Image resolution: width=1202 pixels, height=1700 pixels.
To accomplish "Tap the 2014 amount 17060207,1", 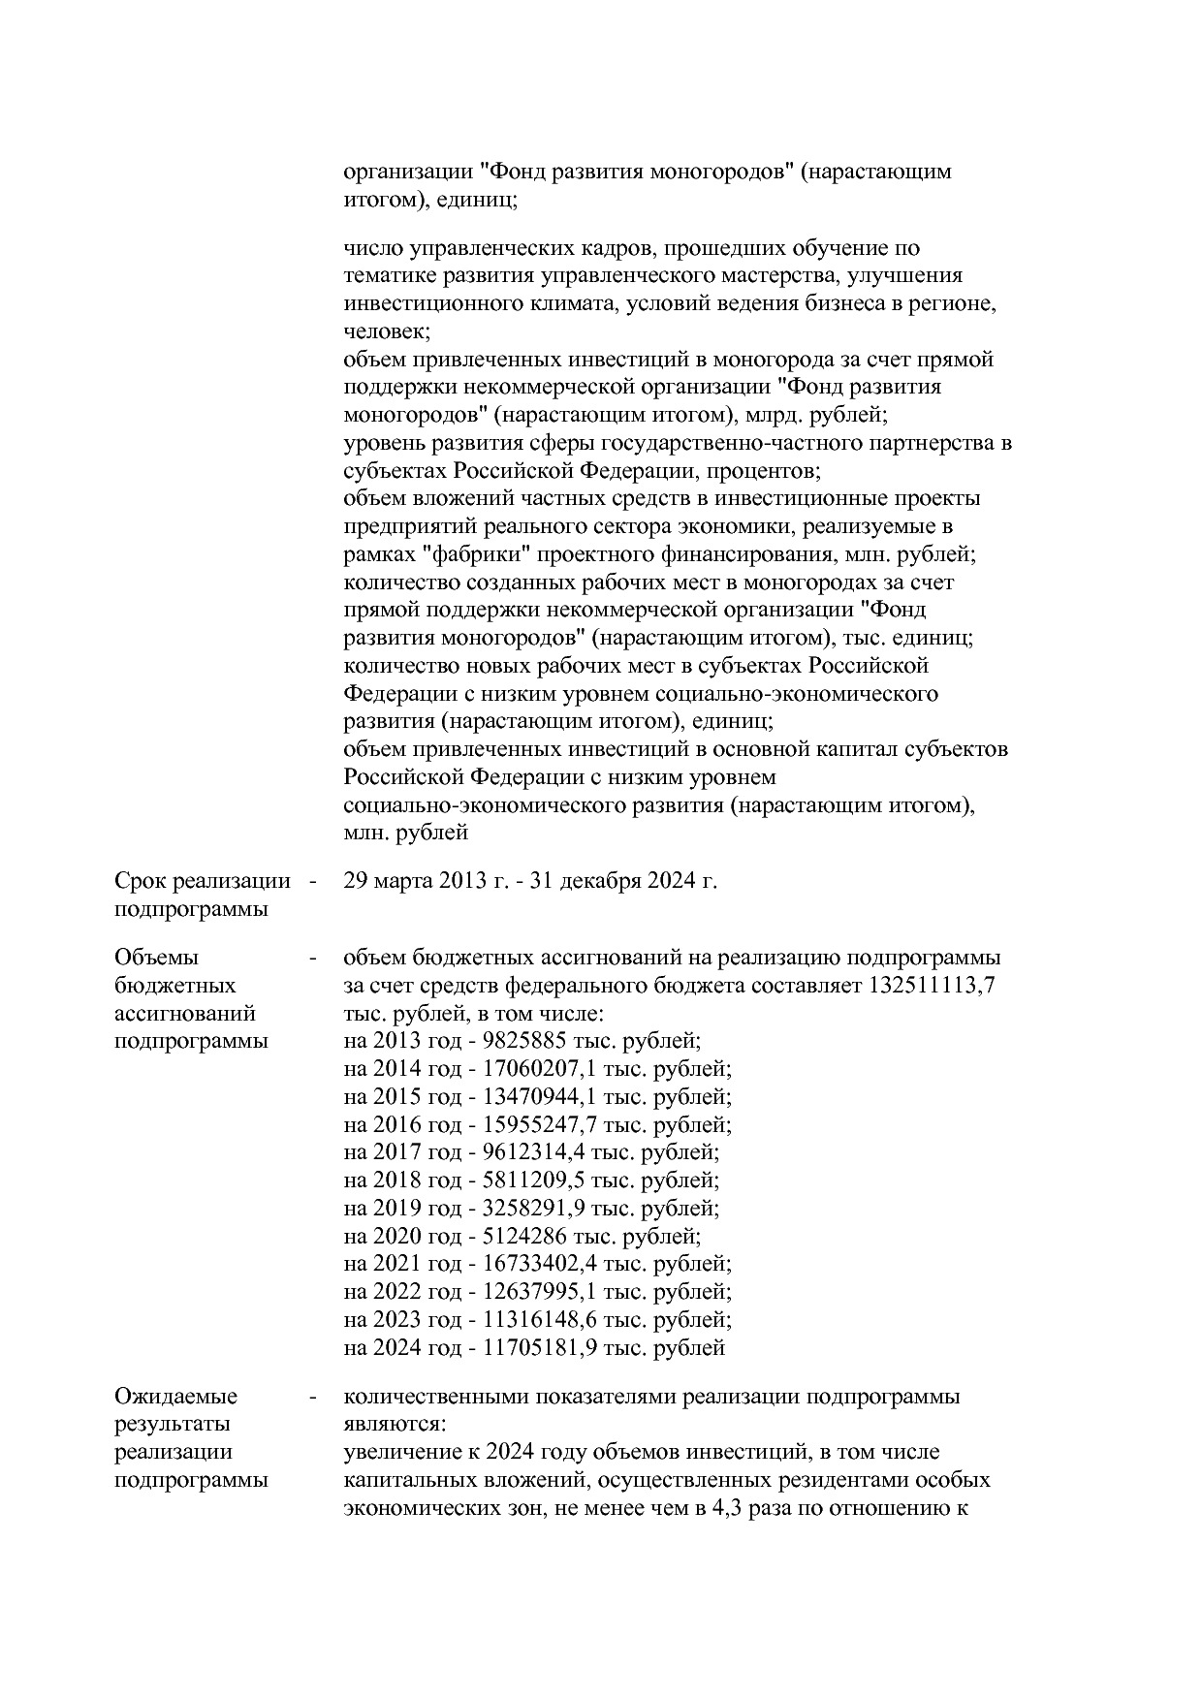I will tap(537, 1070).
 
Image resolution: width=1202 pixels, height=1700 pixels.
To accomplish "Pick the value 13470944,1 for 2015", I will tap(537, 1098).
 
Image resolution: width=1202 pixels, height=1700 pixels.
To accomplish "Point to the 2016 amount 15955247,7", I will tap(537, 1125).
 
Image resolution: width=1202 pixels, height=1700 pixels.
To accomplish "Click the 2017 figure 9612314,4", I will tap(530, 1153).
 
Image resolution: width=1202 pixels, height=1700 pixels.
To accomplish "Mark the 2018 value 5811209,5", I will tap(530, 1181).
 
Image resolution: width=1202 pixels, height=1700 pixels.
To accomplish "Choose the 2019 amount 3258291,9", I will tap(530, 1210).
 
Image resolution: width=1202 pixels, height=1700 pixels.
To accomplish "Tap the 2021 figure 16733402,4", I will tap(537, 1265).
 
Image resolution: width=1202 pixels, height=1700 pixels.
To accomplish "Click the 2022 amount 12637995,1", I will tap(537, 1293).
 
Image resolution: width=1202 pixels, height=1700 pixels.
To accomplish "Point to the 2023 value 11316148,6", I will tap(537, 1321).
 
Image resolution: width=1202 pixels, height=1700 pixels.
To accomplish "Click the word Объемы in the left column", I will tap(156, 959).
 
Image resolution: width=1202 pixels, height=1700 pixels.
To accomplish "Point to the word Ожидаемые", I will tap(175, 1398).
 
